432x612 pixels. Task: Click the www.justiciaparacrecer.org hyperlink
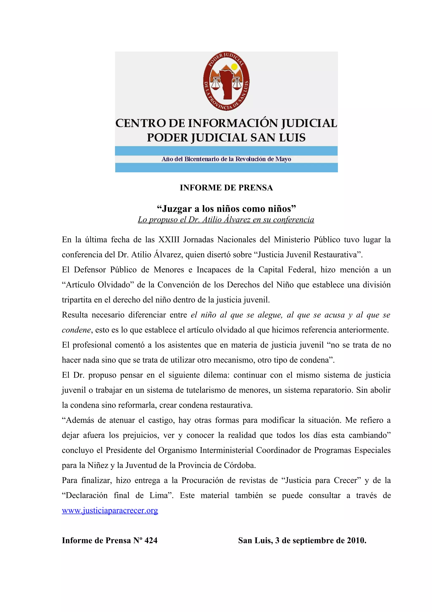pyautogui.click(x=110, y=510)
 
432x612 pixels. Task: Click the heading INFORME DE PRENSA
pyautogui.click(x=226, y=188)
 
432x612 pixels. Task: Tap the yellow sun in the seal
pyautogui.click(x=234, y=67)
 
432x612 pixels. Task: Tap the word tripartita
pyautogui.click(x=76, y=300)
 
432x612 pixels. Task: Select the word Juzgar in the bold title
pyautogui.click(x=177, y=209)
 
